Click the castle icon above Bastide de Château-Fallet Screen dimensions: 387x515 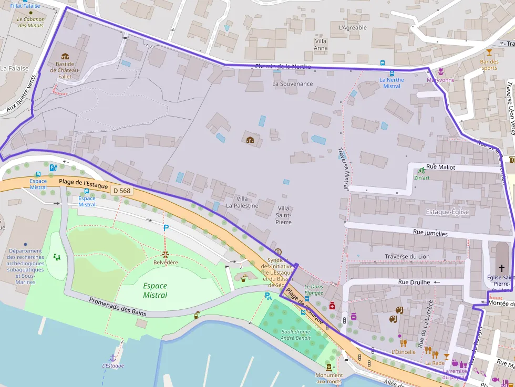click(x=65, y=56)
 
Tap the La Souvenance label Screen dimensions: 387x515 click(x=292, y=83)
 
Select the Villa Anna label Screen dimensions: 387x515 click(x=321, y=45)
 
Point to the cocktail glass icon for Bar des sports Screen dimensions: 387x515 click(x=490, y=52)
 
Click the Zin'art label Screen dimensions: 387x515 click(x=422, y=177)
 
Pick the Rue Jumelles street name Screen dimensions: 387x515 click(x=430, y=233)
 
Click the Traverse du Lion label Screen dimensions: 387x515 click(x=407, y=257)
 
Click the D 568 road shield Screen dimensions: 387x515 click(x=121, y=191)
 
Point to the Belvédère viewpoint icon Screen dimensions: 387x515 click(x=165, y=254)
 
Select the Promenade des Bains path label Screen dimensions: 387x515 click(x=118, y=307)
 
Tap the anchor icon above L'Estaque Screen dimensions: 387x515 click(x=112, y=358)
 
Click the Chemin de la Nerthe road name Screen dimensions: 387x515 click(x=282, y=67)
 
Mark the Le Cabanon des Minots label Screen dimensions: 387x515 click(x=31, y=22)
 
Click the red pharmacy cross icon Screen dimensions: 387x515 click(x=332, y=306)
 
